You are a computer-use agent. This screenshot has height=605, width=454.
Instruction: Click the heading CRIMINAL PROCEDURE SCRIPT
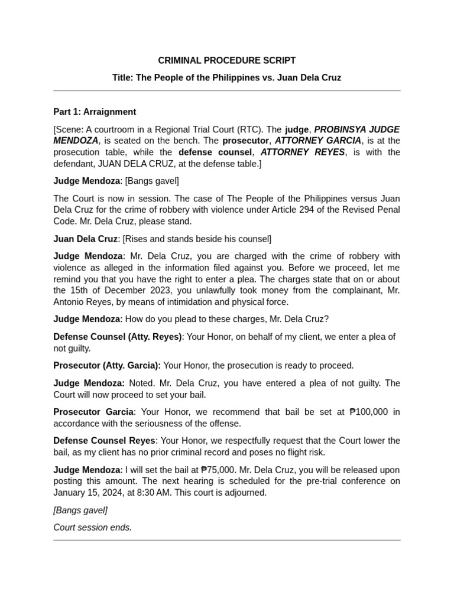pyautogui.click(x=226, y=60)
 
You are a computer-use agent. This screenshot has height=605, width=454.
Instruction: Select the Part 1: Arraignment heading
pyautogui.click(x=95, y=112)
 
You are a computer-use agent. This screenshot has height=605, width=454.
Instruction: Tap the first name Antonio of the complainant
pyautogui.click(x=70, y=302)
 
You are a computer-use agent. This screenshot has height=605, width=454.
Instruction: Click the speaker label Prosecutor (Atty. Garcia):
pyautogui.click(x=107, y=366)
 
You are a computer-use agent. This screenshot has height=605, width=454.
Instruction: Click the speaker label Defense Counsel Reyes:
pyautogui.click(x=105, y=441)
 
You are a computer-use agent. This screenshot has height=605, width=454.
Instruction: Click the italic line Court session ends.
pyautogui.click(x=92, y=527)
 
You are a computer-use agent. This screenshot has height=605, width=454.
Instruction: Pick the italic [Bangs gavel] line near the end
pyautogui.click(x=80, y=510)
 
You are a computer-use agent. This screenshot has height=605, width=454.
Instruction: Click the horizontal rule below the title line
pyautogui.click(x=226, y=91)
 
